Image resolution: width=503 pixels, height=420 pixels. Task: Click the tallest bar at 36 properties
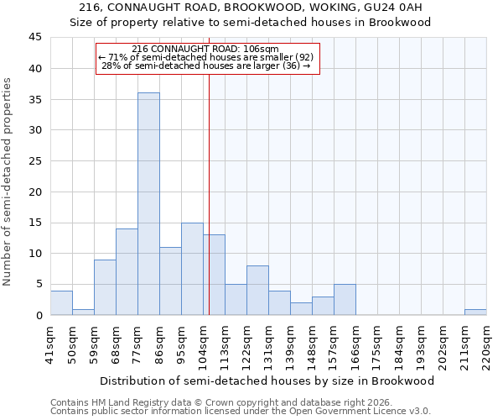(148, 204)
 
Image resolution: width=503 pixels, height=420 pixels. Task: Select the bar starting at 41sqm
(61, 302)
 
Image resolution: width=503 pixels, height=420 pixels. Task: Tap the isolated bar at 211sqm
(475, 312)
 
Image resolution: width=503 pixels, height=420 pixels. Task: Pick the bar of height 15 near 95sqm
(192, 269)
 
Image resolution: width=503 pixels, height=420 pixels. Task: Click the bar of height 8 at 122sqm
(257, 291)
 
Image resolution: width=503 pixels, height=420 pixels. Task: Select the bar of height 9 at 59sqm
(105, 287)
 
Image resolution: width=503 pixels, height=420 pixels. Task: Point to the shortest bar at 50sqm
(83, 312)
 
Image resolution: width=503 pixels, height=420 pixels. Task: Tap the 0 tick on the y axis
(39, 315)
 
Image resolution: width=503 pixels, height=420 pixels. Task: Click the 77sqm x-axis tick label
(137, 344)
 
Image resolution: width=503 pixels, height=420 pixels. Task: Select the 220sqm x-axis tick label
(486, 344)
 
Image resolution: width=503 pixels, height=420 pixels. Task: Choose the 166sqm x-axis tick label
(355, 344)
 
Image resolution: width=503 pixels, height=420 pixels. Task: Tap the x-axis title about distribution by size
(267, 381)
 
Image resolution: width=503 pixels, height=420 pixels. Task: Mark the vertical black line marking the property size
(209, 193)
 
